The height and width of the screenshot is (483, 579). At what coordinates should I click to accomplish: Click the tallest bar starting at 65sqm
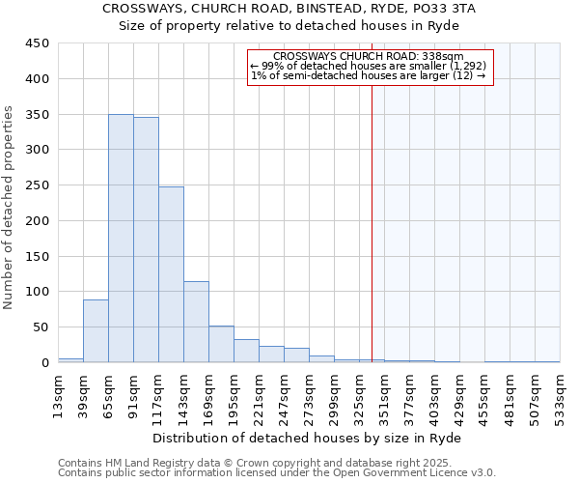pos(121,239)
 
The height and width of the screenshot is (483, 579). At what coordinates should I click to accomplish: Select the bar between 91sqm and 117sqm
pos(146,240)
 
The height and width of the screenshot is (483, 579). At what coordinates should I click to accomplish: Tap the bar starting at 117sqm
pos(171,274)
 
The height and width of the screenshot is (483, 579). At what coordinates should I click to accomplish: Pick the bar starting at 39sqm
pos(96,330)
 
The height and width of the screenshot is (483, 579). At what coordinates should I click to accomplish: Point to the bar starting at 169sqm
pos(221,344)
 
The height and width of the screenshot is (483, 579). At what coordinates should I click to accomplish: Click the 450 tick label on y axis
pos(38,43)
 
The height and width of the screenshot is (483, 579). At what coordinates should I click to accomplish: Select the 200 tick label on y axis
pos(38,221)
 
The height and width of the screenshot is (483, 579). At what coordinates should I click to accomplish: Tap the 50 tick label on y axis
pos(41,327)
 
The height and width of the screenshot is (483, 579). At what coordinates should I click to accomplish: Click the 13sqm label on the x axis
pos(59,393)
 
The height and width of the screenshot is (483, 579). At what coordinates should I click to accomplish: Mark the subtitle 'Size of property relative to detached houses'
pos(289,25)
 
